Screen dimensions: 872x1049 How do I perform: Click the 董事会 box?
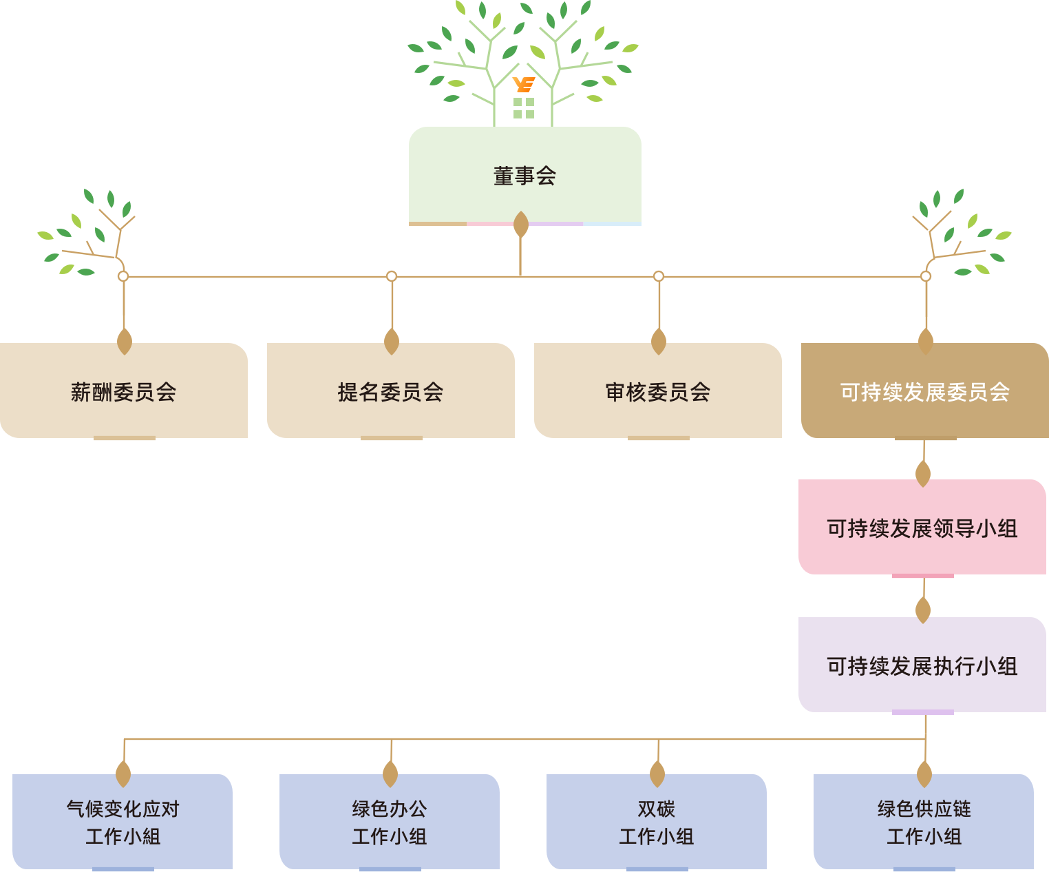[524, 176]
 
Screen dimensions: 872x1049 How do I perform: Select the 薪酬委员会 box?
[124, 391]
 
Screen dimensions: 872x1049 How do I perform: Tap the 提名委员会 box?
[390, 391]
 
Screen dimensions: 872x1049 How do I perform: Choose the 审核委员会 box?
[657, 391]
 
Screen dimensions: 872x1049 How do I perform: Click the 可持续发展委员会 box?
[924, 391]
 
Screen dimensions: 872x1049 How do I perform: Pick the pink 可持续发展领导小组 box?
[922, 528]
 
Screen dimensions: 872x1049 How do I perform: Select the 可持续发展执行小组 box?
[922, 665]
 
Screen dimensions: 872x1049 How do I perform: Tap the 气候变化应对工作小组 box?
[123, 822]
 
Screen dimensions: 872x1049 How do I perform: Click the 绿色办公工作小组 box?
[390, 822]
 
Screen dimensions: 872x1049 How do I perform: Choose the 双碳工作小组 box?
[656, 822]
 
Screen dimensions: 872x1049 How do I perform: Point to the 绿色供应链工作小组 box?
[924, 822]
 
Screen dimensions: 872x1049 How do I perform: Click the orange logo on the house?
[524, 85]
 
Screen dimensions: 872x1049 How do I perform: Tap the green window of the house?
[524, 108]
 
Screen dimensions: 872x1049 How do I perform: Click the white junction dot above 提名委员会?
[392, 276]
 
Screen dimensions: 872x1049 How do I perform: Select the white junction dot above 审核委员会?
[659, 276]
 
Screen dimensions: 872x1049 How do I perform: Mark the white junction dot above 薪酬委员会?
[123, 276]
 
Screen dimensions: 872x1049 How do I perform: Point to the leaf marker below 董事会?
[521, 225]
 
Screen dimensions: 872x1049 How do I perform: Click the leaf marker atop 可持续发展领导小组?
[923, 474]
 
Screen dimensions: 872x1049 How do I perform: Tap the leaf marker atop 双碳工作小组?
[657, 774]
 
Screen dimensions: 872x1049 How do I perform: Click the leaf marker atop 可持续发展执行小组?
[923, 610]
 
